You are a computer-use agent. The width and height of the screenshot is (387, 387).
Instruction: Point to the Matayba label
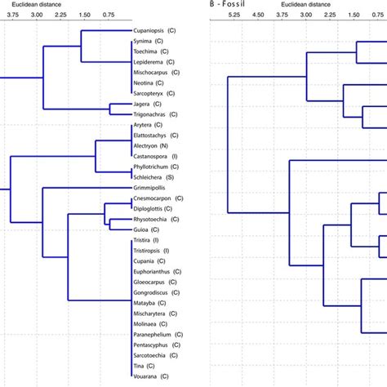click(146, 302)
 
